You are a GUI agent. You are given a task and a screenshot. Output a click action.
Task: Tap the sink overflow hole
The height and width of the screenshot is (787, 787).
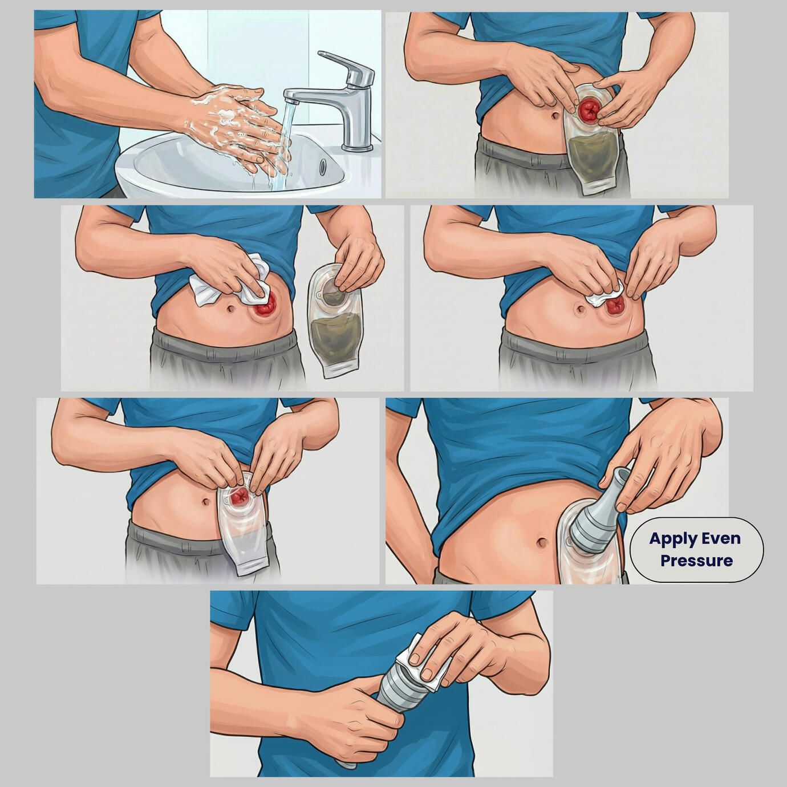pos(323,165)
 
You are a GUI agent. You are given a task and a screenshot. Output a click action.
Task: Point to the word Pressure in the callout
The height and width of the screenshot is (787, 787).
pos(696,561)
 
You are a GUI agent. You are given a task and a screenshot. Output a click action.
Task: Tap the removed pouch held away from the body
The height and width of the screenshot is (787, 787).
pos(334,321)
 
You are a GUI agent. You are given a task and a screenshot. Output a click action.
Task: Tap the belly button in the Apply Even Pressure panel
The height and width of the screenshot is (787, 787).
pos(542,543)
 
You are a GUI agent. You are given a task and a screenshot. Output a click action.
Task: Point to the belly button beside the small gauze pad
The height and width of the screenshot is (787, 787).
pos(578,310)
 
